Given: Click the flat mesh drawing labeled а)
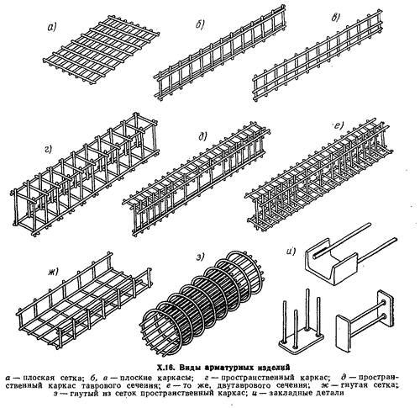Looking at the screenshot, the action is (102, 52).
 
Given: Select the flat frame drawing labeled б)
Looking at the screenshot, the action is (220, 52).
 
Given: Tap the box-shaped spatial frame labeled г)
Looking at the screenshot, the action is (84, 175).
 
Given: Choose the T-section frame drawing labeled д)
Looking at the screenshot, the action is (196, 178).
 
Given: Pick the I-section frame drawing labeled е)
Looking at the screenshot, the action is (318, 175).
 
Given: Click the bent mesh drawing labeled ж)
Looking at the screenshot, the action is (84, 301).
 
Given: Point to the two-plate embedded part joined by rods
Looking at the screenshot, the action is (364, 320).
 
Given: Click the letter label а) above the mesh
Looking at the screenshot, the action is (52, 27).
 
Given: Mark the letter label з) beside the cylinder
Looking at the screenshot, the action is (200, 257).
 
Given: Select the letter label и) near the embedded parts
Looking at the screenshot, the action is (291, 252).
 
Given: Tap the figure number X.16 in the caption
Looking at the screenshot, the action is (166, 367).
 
